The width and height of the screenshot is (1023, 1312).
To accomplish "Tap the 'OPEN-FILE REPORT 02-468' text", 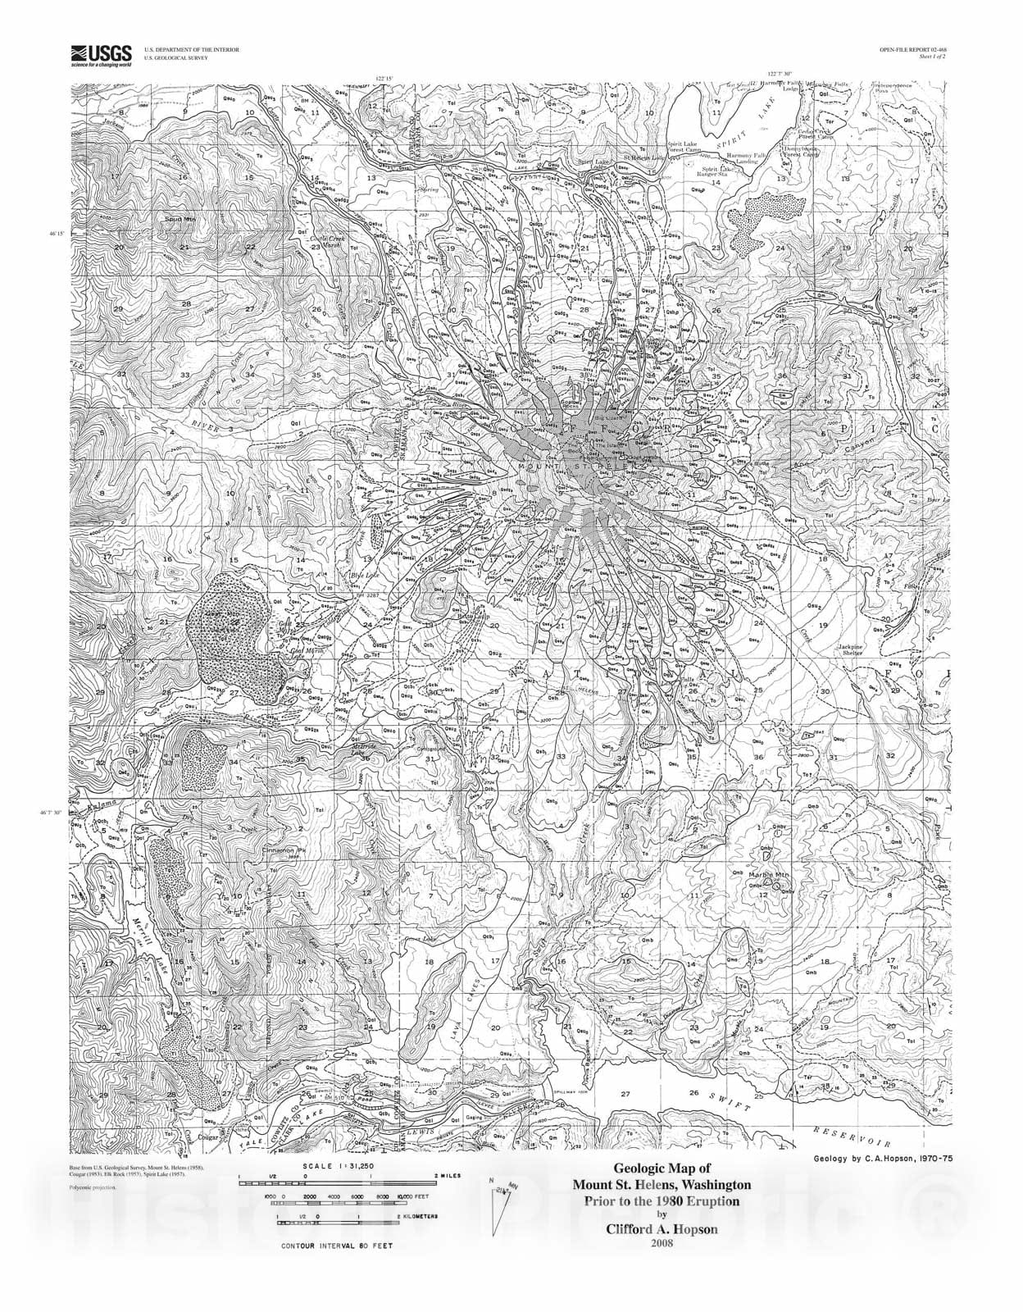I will coord(912,50).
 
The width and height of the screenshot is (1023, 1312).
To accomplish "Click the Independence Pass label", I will coord(921,87).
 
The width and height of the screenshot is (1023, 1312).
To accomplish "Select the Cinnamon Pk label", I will coord(283,850).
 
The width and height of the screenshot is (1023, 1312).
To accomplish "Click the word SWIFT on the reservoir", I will coord(730,1101).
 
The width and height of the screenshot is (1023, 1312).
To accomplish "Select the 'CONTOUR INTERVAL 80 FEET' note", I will coord(336,1268).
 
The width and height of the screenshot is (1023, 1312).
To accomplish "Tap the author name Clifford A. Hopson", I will coord(661,1229).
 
